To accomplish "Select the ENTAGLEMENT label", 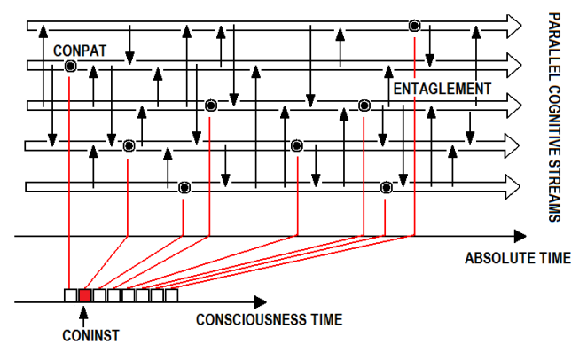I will point(441,89).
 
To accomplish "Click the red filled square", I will point(85,295).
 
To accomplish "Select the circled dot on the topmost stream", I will point(414,25).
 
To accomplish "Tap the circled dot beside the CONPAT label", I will point(70,66).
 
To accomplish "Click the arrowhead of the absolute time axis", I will point(519,237).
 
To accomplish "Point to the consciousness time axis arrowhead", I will point(258,302).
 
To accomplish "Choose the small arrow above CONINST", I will point(85,311).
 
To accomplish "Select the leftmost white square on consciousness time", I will point(71,295).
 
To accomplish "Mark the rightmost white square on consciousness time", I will point(171,295).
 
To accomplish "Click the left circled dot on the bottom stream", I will point(184,187).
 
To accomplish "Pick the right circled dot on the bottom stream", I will point(386,187).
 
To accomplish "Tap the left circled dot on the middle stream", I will point(210,106).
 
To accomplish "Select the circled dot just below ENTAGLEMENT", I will point(364,106).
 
